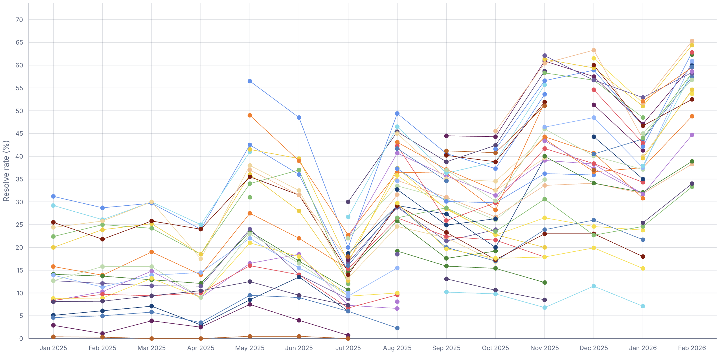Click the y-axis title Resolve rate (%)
6,171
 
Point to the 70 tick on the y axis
19,20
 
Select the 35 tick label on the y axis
19,179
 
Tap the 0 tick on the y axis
21,339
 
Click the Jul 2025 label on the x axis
348,348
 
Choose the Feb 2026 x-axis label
692,348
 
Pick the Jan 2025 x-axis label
53,348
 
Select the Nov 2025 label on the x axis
545,348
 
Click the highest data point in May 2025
250,81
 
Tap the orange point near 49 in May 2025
250,115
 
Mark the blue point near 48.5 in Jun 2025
299,118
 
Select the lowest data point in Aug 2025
397,328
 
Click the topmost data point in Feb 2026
692,41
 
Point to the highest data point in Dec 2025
594,50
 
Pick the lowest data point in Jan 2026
643,306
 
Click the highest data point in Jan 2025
53,196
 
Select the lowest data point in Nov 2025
545,308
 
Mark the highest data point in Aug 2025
397,114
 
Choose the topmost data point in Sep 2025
446,136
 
